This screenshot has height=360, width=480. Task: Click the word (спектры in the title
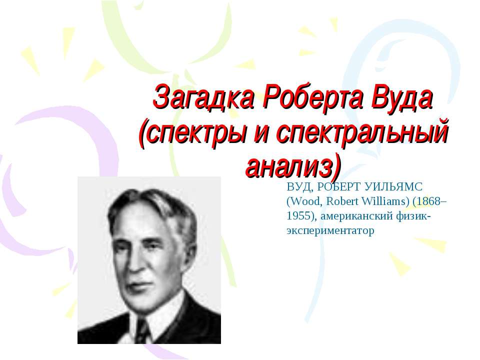coord(192,133)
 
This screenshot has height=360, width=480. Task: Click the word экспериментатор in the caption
coord(330,230)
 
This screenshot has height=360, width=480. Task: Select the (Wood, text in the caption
coord(304,201)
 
